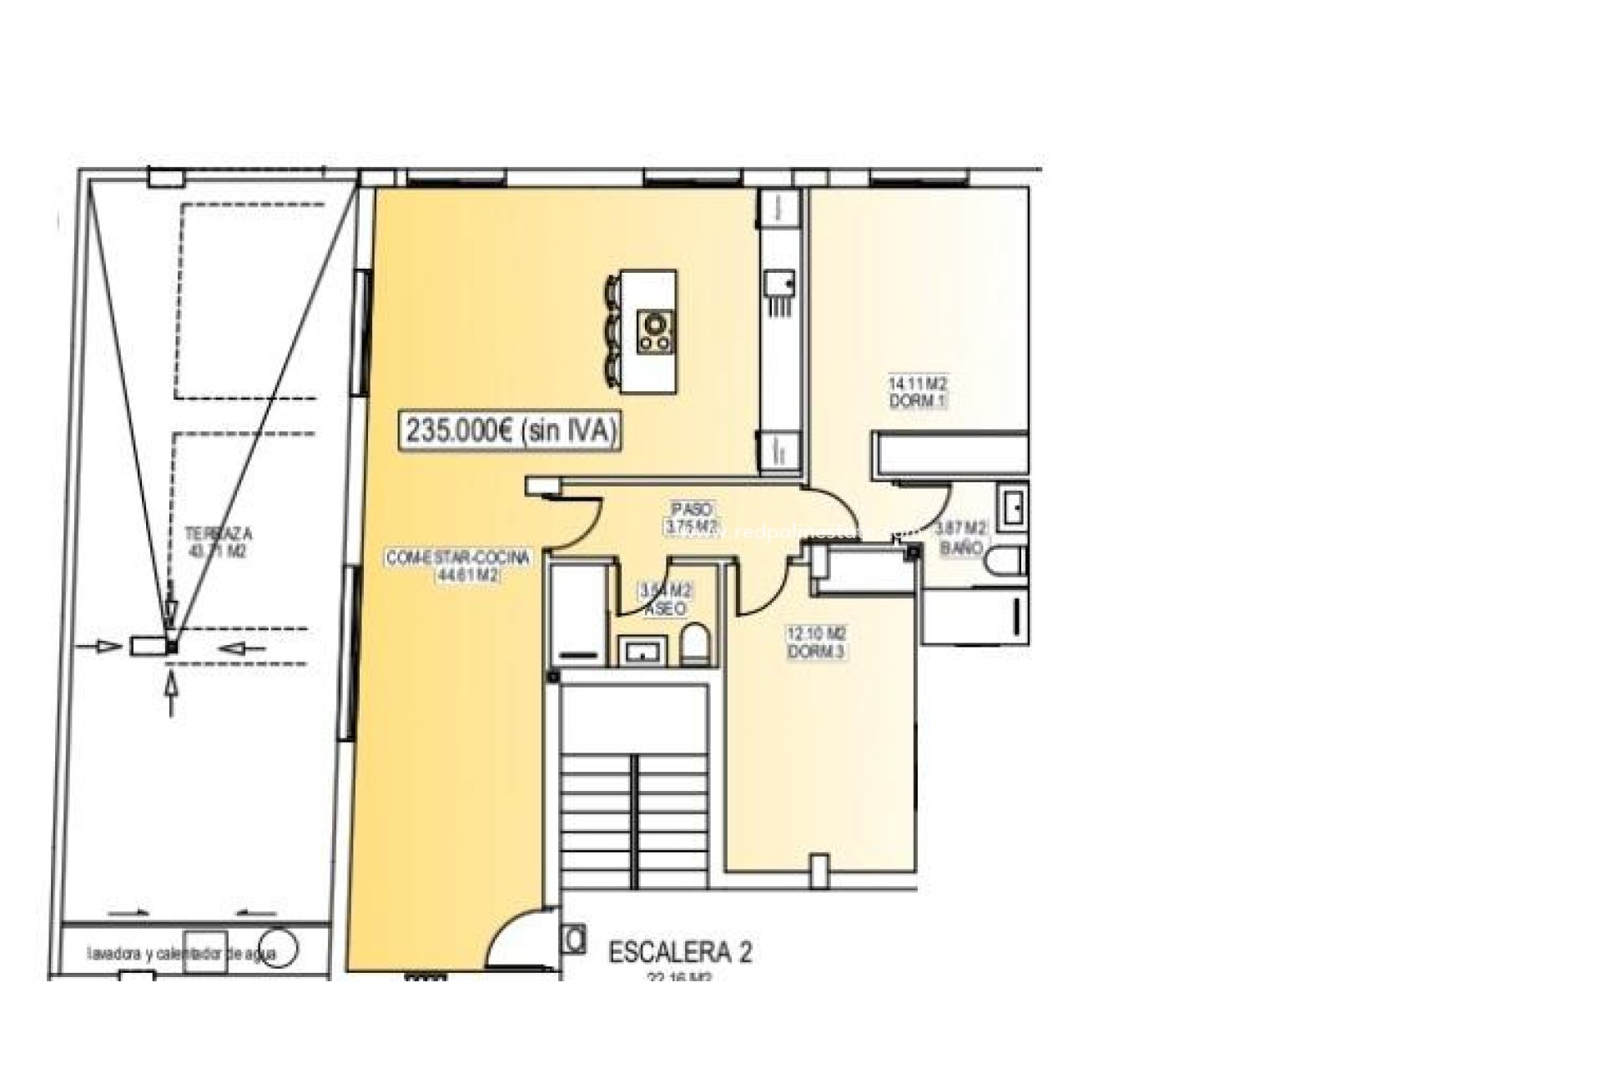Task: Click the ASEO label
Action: point(665,609)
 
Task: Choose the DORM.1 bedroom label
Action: point(917,401)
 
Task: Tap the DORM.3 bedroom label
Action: point(817,652)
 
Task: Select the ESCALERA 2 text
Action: point(680,953)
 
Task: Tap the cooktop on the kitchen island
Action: point(656,331)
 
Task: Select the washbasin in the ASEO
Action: point(641,650)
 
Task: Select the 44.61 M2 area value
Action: point(467,575)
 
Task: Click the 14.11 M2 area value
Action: point(917,385)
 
